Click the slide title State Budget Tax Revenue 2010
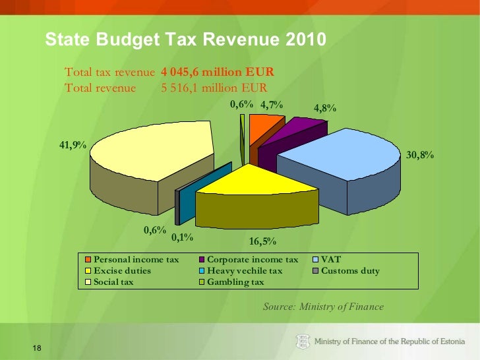pyautogui.click(x=185, y=41)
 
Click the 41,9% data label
pyautogui.click(x=73, y=145)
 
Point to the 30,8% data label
pyautogui.click(x=420, y=155)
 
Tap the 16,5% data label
pyautogui.click(x=262, y=241)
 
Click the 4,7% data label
pyautogui.click(x=271, y=104)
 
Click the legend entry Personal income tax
pyautogui.click(x=136, y=260)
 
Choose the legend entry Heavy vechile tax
pyautogui.click(x=244, y=271)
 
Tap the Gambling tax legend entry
pyautogui.click(x=235, y=282)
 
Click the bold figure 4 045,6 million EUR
pyautogui.click(x=218, y=72)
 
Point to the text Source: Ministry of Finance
pyautogui.click(x=323, y=307)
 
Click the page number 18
pyautogui.click(x=36, y=348)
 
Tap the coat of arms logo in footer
pyautogui.click(x=302, y=341)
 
